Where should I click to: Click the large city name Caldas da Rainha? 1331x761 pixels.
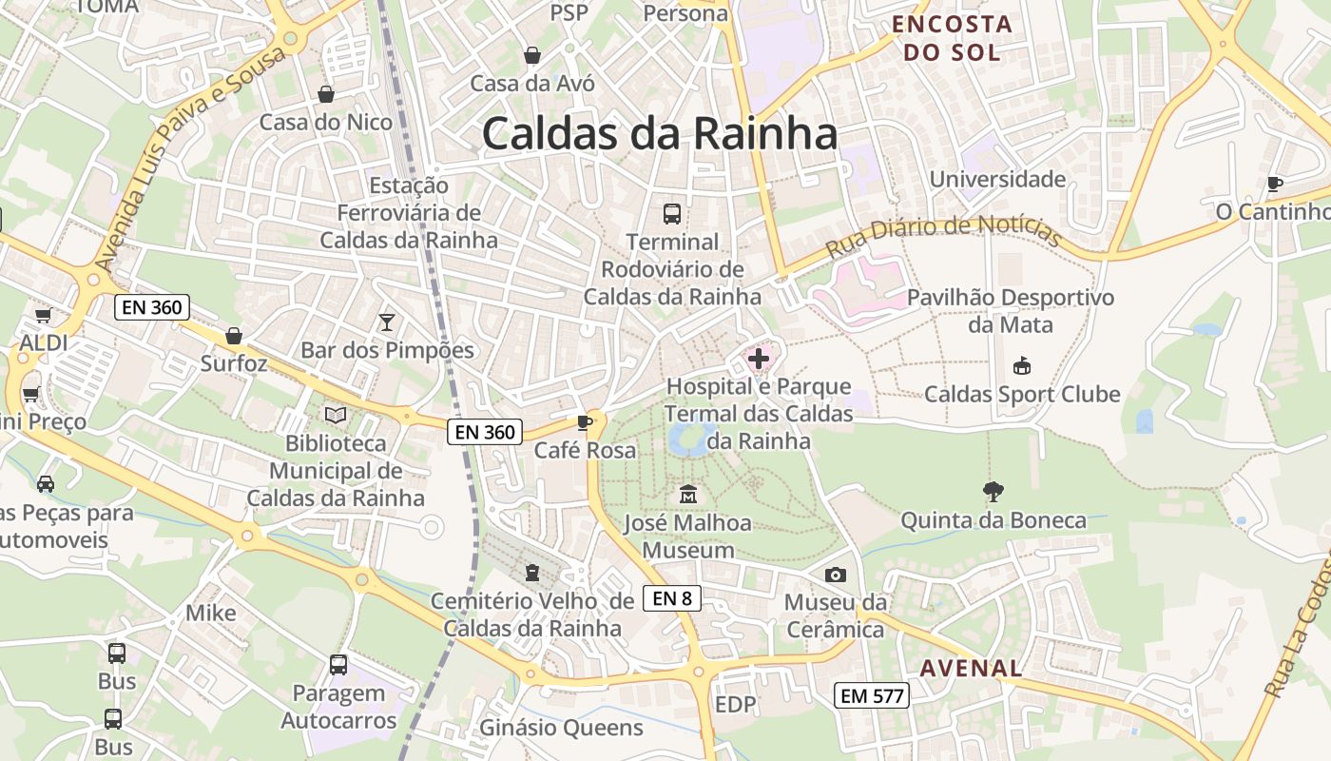pyautogui.click(x=660, y=133)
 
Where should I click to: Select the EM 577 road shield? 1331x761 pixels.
pyautogui.click(x=872, y=695)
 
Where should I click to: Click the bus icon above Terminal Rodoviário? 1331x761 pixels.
pyautogui.click(x=672, y=213)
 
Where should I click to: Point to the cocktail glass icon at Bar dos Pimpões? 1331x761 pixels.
pyautogui.click(x=386, y=322)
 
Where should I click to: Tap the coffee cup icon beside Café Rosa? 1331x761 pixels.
pyautogui.click(x=584, y=422)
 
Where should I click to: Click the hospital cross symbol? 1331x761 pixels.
pyautogui.click(x=759, y=359)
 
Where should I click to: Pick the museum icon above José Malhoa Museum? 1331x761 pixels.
pyautogui.click(x=688, y=495)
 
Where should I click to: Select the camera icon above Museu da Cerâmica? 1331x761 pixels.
pyautogui.click(x=836, y=575)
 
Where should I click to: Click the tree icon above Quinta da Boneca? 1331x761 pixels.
pyautogui.click(x=993, y=492)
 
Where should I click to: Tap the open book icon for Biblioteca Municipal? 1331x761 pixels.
pyautogui.click(x=336, y=415)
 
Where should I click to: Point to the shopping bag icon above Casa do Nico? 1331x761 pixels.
pyautogui.click(x=326, y=94)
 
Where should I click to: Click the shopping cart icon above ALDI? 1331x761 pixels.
pyautogui.click(x=43, y=315)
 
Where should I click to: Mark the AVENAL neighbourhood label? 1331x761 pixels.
pyautogui.click(x=971, y=668)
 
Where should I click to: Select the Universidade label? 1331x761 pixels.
pyautogui.click(x=997, y=179)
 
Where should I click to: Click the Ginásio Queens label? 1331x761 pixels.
pyautogui.click(x=561, y=729)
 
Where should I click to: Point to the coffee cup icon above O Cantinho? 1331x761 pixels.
pyautogui.click(x=1275, y=184)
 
